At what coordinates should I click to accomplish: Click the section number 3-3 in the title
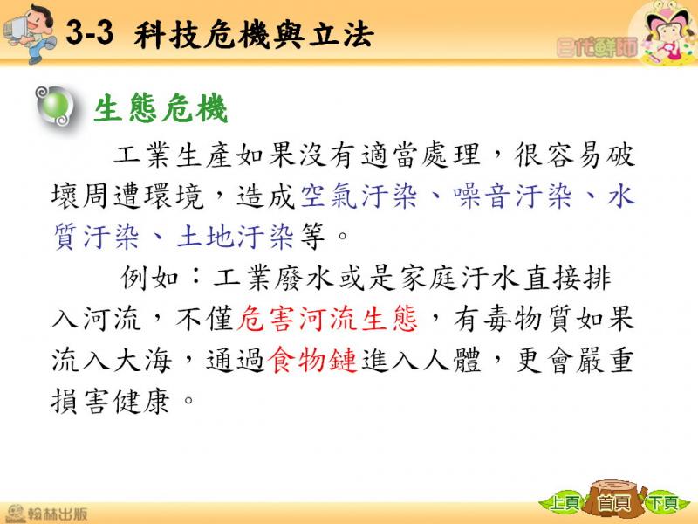90,33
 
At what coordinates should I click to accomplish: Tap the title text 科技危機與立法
254,35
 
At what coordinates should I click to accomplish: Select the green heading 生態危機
161,107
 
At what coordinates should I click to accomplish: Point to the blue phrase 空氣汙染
359,196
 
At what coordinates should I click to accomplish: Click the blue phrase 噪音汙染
513,196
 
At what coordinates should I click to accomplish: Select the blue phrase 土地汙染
235,236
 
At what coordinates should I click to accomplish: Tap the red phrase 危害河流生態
327,319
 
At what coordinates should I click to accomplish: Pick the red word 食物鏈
312,360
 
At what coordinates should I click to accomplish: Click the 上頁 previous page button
565,503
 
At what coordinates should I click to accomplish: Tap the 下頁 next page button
663,503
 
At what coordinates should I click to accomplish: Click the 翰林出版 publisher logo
46,513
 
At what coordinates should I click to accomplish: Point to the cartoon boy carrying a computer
30,33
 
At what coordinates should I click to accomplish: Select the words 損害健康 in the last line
111,401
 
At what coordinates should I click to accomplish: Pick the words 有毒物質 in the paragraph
513,319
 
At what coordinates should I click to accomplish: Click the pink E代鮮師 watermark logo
597,47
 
